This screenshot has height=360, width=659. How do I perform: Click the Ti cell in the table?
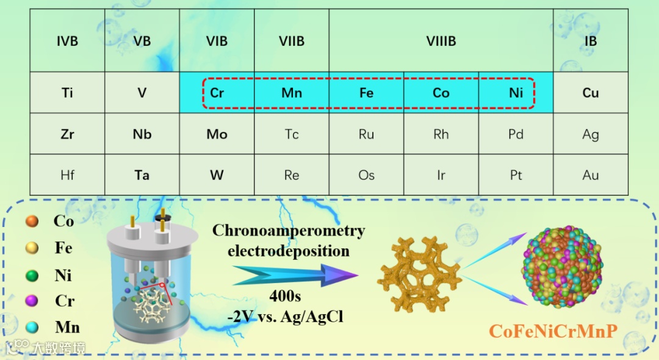[67, 93]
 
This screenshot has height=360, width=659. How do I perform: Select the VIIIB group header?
[441, 41]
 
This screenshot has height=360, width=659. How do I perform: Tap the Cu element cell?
[590, 93]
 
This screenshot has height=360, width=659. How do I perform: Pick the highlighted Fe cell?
[366, 93]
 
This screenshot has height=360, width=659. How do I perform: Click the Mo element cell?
[217, 134]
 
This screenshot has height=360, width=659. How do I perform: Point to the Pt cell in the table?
[516, 175]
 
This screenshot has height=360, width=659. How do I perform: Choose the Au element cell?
[590, 175]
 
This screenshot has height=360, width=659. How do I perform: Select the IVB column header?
[67, 41]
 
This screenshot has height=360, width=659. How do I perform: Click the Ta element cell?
[142, 175]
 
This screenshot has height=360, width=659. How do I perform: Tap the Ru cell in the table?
[366, 134]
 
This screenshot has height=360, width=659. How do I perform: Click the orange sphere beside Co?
[32, 221]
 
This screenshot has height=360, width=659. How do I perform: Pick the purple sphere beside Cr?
[32, 301]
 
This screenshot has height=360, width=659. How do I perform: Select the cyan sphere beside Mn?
[32, 328]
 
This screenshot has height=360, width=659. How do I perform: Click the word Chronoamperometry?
[289, 231]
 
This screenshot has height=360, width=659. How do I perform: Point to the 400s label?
[285, 296]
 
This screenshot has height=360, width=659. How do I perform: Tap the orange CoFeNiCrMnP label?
[553, 331]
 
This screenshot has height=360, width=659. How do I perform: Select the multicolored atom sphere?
[562, 264]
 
